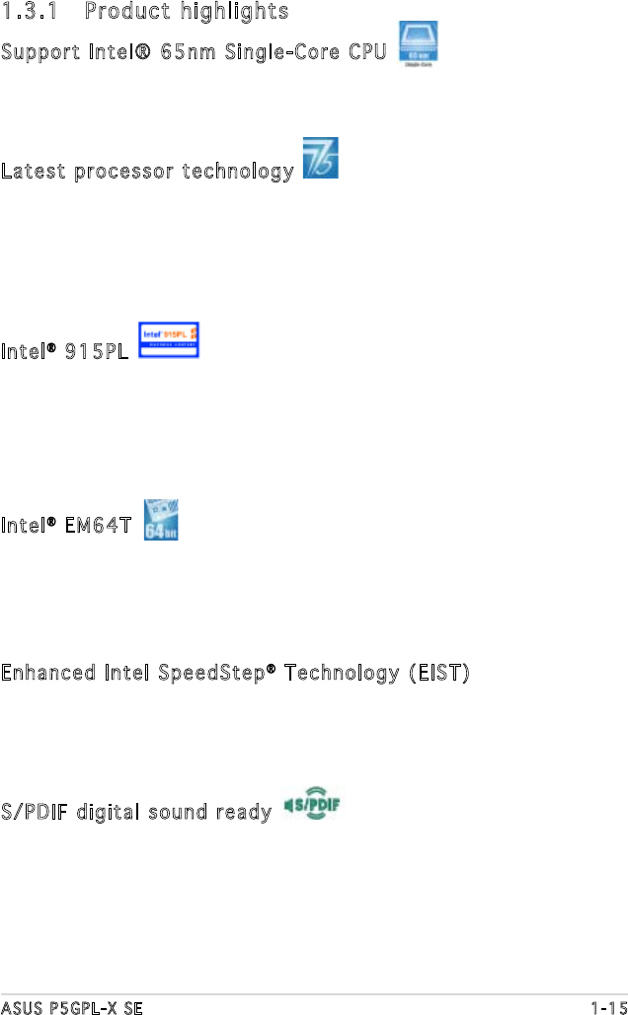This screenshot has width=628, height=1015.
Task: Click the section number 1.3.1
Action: point(29,12)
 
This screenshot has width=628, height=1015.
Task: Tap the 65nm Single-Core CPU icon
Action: point(419,44)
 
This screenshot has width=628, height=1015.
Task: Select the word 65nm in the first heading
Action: point(186,51)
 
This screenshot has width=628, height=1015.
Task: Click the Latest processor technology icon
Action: point(321,159)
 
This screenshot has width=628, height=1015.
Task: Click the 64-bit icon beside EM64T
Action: point(160,519)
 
